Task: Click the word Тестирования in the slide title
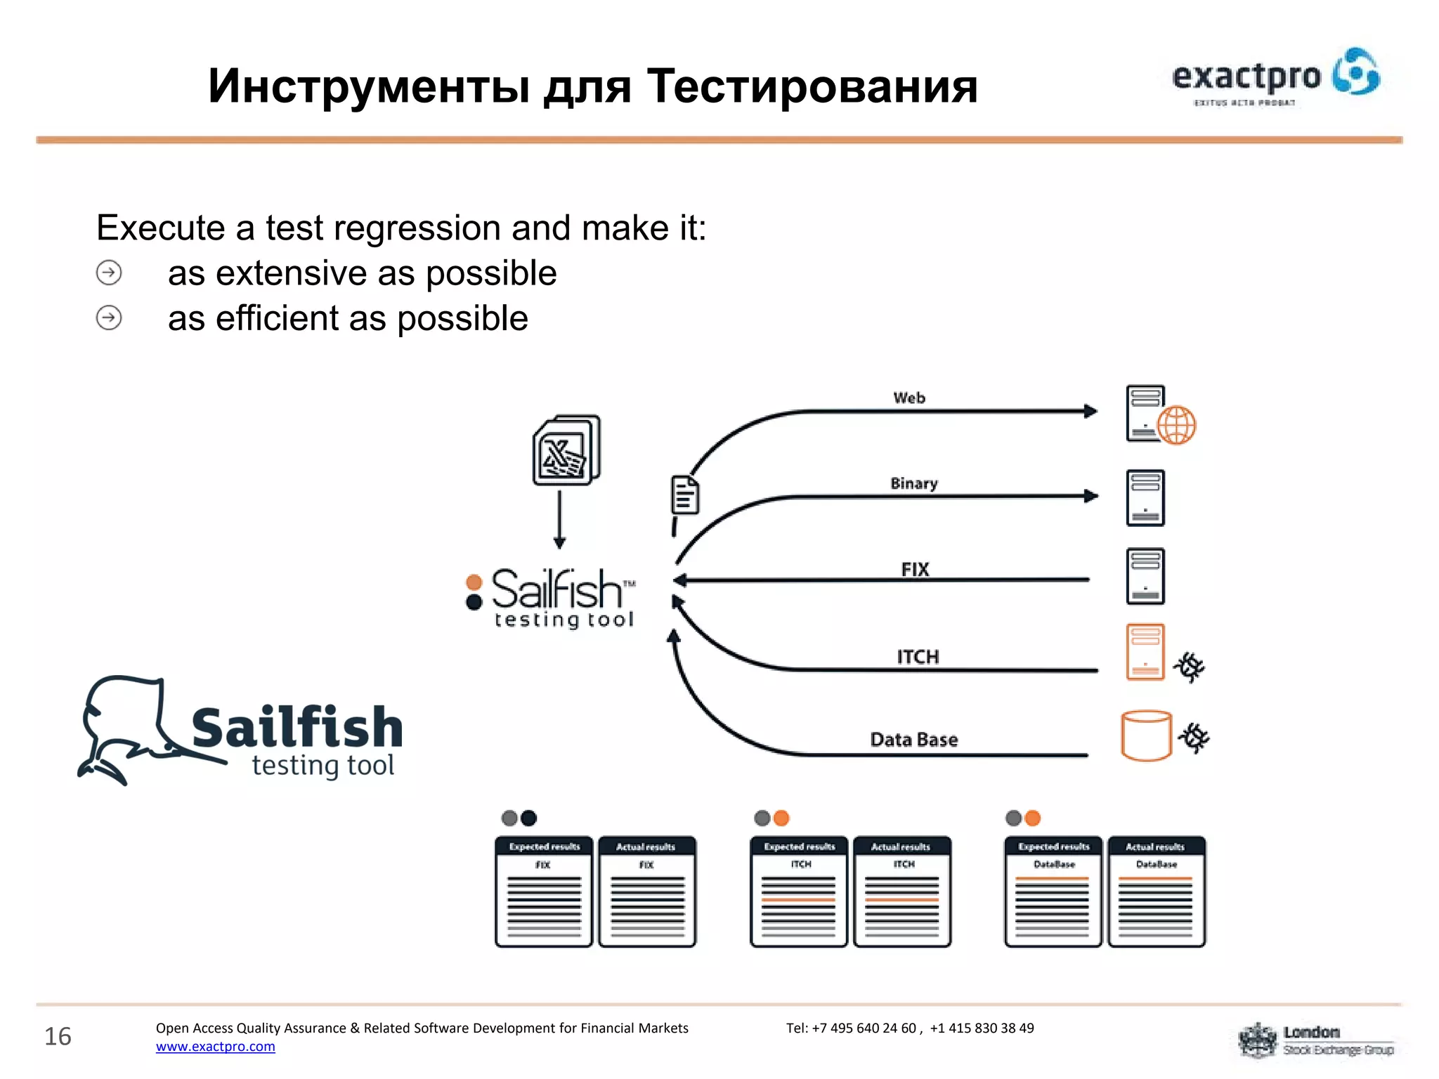(x=812, y=86)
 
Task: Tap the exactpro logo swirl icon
(x=1356, y=72)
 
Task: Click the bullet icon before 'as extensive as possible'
(x=109, y=273)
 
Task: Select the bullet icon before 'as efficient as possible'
(x=109, y=318)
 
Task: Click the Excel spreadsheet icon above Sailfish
(x=566, y=450)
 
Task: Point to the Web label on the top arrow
(x=909, y=398)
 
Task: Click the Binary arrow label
(x=913, y=483)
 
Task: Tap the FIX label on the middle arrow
(x=915, y=569)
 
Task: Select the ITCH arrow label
(x=918, y=656)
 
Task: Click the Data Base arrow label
(x=913, y=740)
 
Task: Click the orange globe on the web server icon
(x=1176, y=425)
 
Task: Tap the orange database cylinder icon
(x=1146, y=736)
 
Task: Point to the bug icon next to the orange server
(x=1189, y=667)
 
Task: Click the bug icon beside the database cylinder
(x=1193, y=738)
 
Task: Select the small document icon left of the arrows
(x=685, y=495)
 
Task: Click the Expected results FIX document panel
(x=544, y=891)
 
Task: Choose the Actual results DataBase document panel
(x=1156, y=891)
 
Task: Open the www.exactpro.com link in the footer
(x=216, y=1046)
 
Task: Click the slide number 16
(x=58, y=1036)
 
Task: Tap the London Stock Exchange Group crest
(x=1258, y=1040)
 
